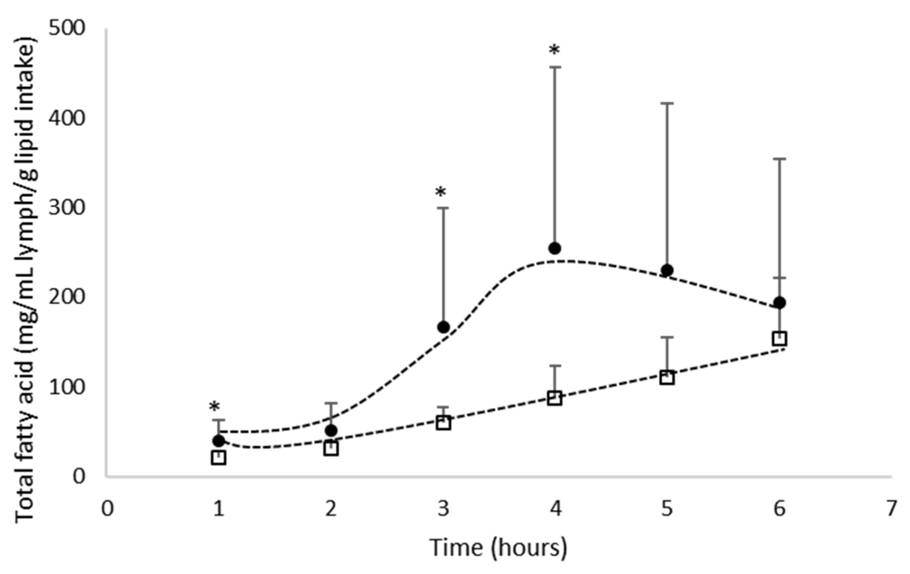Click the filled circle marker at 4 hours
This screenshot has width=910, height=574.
555,248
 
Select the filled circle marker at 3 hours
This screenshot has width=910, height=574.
443,327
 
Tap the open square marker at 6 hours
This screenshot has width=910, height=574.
779,338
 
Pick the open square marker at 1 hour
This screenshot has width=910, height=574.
218,457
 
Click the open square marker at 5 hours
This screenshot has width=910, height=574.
667,377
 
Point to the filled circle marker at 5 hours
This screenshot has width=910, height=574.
667,270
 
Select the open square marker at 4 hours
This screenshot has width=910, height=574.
555,398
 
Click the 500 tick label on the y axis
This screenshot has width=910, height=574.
67,29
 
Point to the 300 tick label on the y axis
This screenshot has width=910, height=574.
67,208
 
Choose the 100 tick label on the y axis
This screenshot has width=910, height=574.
67,387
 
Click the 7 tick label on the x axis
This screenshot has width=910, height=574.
891,509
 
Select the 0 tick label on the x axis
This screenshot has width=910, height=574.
108,509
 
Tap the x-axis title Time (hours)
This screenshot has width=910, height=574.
499,548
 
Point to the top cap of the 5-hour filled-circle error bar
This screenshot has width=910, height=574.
667,103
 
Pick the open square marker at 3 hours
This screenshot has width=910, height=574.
443,423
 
